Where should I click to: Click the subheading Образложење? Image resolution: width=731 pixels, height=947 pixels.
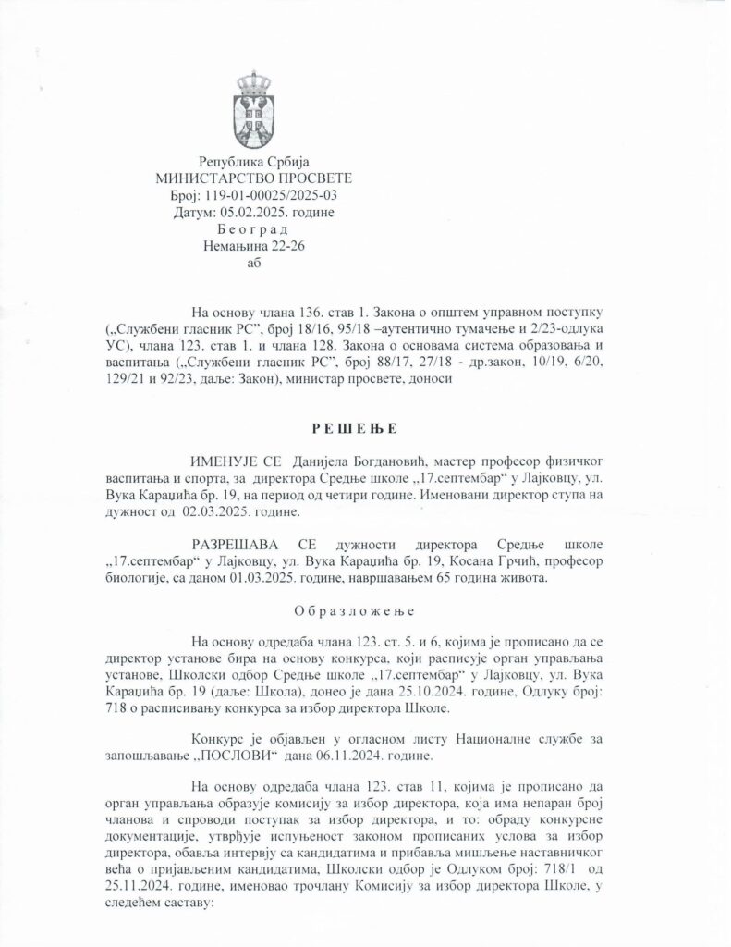363,612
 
